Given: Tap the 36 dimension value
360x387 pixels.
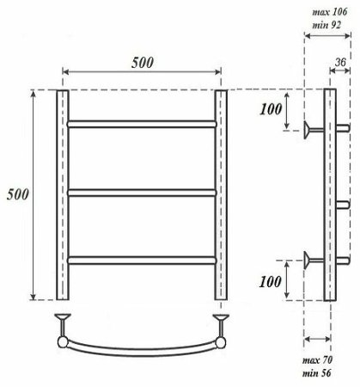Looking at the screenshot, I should (341, 61).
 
